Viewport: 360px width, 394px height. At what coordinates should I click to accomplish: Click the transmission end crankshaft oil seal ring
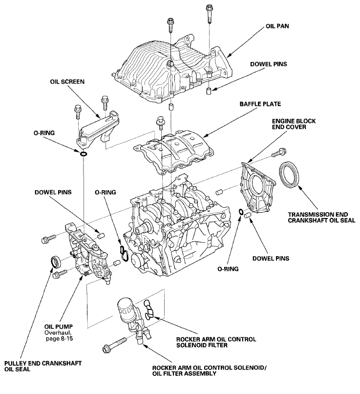(x=290, y=174)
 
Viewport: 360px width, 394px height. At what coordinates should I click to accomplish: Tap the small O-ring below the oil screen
(x=84, y=155)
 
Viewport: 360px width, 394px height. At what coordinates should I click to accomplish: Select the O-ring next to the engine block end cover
(x=241, y=211)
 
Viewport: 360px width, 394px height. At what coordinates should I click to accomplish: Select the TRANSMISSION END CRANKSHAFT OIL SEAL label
(x=318, y=218)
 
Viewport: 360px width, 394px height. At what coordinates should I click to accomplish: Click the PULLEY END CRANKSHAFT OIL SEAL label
(x=41, y=366)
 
